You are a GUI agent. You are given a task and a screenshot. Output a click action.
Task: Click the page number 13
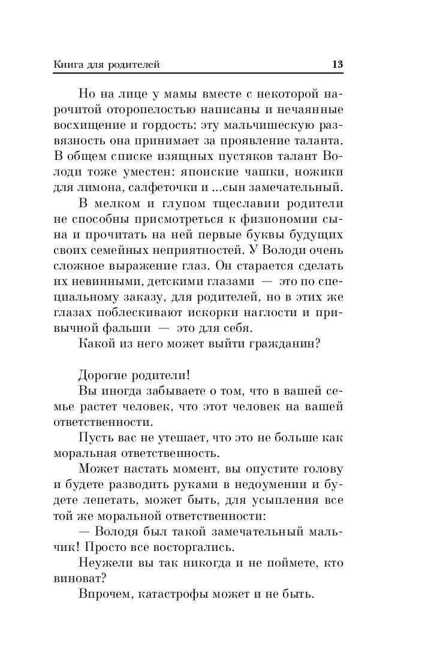coord(337,64)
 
